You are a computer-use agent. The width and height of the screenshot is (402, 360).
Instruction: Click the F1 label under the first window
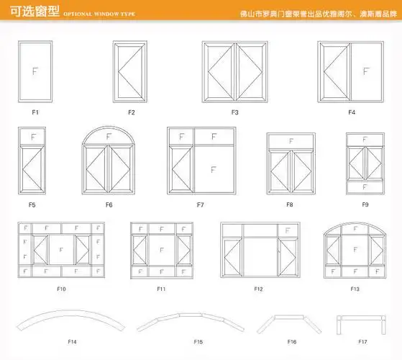point(35,112)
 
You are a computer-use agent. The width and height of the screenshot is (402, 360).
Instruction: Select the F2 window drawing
point(131,71)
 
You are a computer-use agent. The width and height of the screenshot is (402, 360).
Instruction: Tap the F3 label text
point(234,112)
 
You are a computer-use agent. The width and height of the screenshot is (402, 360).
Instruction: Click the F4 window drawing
point(351,71)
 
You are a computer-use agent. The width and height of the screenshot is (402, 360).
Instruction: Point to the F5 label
point(32,205)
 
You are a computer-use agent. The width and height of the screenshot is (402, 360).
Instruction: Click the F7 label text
point(201,205)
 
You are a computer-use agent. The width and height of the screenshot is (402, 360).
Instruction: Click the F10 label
point(61,289)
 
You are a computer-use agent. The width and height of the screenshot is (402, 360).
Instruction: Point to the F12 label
point(258,289)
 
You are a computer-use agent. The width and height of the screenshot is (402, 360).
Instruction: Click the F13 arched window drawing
point(355,250)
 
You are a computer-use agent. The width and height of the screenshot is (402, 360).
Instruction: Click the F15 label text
point(198,341)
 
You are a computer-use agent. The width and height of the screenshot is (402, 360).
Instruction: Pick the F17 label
point(362,341)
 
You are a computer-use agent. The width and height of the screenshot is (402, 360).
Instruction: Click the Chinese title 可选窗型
point(26,13)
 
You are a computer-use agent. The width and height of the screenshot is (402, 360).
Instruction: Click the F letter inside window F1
point(35,71)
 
